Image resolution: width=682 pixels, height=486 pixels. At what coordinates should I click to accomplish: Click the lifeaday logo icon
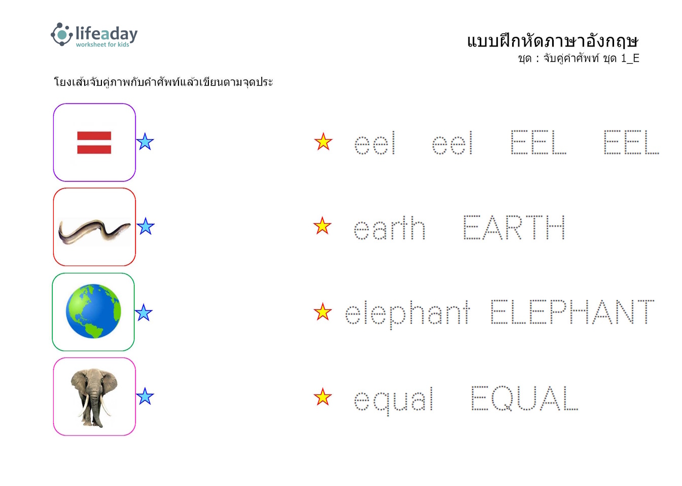click(62, 34)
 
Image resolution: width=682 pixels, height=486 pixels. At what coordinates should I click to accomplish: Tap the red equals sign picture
click(94, 143)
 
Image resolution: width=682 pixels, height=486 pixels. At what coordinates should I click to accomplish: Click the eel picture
click(94, 231)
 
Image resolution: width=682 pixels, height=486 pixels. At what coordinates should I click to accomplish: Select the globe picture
click(93, 311)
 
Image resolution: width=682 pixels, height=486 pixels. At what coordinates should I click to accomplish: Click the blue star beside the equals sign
click(145, 142)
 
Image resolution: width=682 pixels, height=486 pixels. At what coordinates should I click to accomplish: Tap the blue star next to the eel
click(146, 226)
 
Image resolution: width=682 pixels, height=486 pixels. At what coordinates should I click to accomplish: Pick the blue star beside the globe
click(143, 312)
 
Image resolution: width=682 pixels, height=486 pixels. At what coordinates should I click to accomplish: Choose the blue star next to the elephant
click(145, 396)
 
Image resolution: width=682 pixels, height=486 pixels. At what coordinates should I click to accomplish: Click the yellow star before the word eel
click(323, 142)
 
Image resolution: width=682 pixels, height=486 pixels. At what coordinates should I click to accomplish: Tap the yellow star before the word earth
click(322, 226)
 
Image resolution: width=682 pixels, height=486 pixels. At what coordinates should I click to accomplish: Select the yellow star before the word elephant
click(322, 312)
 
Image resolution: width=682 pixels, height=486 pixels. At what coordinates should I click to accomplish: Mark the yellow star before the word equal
click(322, 397)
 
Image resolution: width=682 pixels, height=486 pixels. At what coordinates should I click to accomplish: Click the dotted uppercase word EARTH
click(514, 227)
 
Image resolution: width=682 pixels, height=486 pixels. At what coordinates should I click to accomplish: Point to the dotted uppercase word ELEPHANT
click(572, 312)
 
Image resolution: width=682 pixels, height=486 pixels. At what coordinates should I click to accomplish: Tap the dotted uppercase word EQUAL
click(524, 398)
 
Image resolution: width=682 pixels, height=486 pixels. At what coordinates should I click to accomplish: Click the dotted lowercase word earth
click(389, 228)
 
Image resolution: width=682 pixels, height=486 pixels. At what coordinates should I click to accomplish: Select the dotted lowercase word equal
click(393, 400)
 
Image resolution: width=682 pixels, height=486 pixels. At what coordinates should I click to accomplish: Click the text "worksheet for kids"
click(102, 45)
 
